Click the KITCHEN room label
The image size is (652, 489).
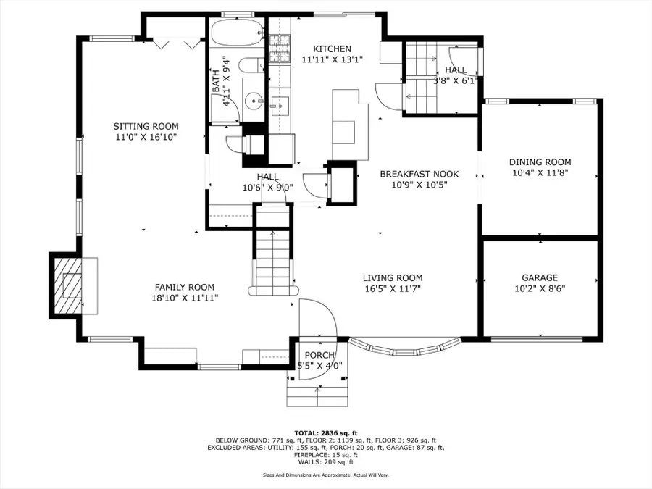pos(332,49)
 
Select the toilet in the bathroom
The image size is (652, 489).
pos(251,66)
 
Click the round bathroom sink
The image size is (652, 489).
pos(254,100)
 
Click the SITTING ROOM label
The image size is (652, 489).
pos(146,126)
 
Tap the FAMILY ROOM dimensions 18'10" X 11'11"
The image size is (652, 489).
pos(185,298)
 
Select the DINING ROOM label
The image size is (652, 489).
pos(540,162)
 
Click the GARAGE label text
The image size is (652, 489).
pos(540,277)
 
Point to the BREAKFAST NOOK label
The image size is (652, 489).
pos(419,174)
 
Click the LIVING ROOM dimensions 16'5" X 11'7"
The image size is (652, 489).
pos(393,288)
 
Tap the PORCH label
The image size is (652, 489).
pos(319,355)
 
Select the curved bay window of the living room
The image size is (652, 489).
pos(406,348)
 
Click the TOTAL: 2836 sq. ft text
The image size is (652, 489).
pos(325,433)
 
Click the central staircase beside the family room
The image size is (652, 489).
pos(273,258)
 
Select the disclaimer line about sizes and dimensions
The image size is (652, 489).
pos(325,475)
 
